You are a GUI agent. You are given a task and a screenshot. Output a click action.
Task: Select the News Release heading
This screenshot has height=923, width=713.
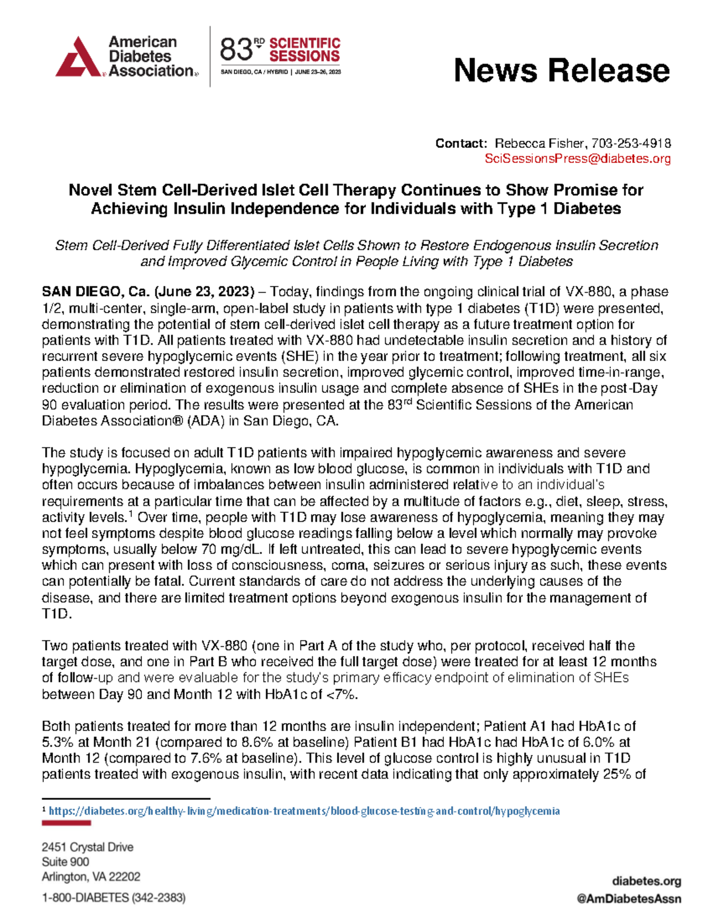pos(561,70)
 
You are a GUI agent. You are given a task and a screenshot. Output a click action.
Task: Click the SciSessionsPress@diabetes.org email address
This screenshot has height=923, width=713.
pos(578,159)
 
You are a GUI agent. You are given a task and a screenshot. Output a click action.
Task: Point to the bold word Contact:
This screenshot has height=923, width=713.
pos(461,143)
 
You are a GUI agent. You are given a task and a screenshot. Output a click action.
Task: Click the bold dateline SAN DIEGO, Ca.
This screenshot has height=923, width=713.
pos(96,292)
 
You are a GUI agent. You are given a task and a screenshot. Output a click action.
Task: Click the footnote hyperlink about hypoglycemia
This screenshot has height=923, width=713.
pos(304,811)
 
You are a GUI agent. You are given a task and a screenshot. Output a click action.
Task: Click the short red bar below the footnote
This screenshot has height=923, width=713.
pos(66,823)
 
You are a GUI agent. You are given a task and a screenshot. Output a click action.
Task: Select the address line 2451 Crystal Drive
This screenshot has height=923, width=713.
pos(87,847)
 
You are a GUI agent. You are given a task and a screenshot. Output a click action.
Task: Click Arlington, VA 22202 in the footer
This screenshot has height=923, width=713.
pos(91,877)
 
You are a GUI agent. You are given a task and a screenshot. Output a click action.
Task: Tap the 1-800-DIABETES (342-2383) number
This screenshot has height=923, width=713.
pos(113,897)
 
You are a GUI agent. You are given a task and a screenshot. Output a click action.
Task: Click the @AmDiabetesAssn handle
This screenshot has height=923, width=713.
pos(629,899)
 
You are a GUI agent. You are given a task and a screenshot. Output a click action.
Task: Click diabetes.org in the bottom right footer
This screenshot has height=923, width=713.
pos(646,881)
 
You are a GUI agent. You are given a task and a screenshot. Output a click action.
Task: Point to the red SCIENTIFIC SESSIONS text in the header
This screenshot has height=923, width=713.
pos(304,50)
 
